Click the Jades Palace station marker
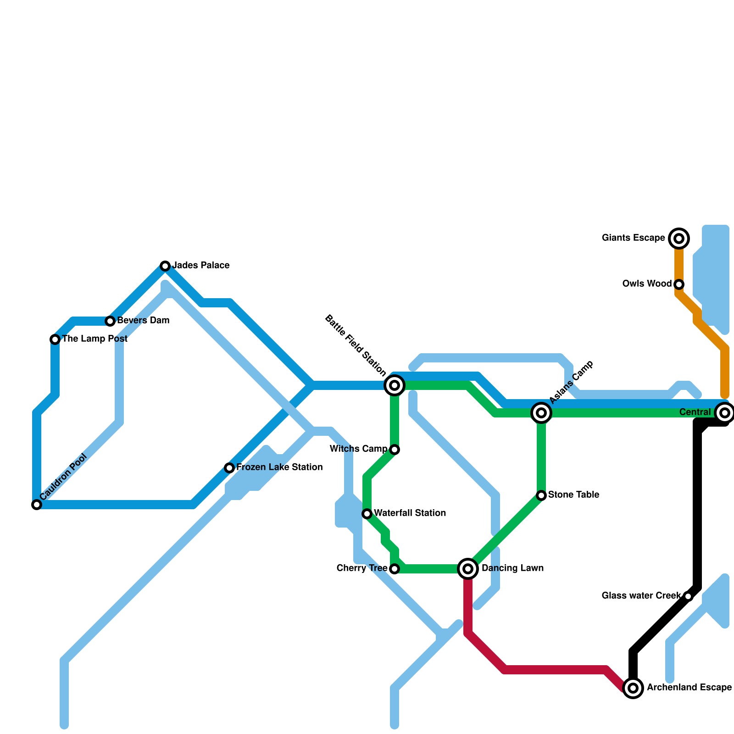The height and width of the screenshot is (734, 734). (x=165, y=266)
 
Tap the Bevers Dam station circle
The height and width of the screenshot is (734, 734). (x=110, y=321)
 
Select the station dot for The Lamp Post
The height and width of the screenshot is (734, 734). (x=55, y=339)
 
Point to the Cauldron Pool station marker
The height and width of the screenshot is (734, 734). (x=37, y=505)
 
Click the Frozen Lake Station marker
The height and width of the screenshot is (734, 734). (x=229, y=468)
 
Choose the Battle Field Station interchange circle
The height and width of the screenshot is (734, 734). (x=395, y=385)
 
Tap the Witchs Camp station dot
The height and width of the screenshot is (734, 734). (x=395, y=450)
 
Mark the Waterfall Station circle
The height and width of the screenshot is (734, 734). (x=367, y=514)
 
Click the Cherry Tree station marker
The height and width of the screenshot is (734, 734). (x=395, y=569)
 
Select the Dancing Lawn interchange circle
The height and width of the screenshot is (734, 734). (x=468, y=569)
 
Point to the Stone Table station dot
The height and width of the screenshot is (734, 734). (x=541, y=495)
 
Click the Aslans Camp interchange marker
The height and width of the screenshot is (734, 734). (x=541, y=413)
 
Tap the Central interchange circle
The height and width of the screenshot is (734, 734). (x=725, y=413)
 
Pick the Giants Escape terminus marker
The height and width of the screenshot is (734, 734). (x=679, y=239)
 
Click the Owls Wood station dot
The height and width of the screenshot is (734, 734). (x=679, y=284)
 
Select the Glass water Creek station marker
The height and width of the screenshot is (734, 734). (x=688, y=596)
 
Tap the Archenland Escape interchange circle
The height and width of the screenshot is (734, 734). (x=633, y=688)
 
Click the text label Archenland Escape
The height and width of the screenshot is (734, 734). (x=689, y=688)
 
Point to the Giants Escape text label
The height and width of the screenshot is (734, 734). (x=633, y=238)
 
